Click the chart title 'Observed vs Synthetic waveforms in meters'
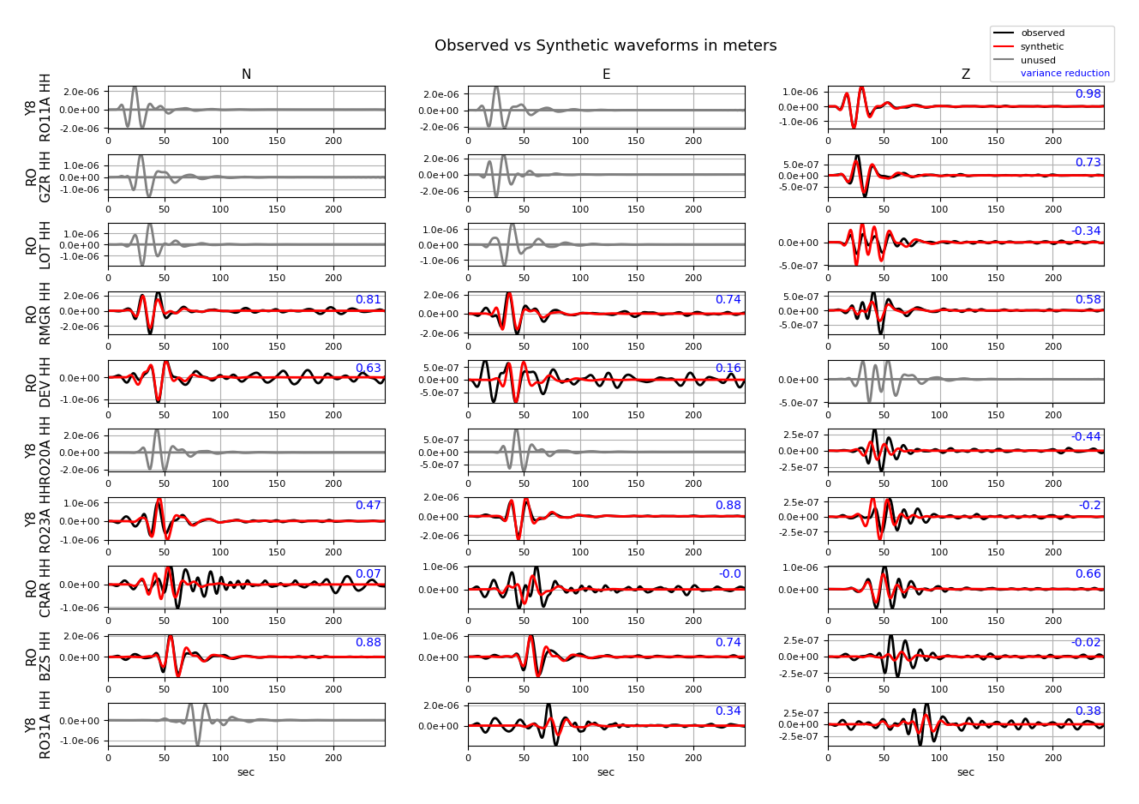[x=605, y=46]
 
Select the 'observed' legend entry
[x=1042, y=33]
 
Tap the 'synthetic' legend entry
[x=1042, y=47]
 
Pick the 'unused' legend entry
[x=1038, y=61]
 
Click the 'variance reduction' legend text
[x=1064, y=74]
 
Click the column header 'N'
[x=246, y=75]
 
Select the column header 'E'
[x=606, y=75]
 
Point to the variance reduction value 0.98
[x=1088, y=94]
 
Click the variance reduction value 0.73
[x=1088, y=163]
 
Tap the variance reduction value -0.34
[x=1086, y=231]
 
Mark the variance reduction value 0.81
[x=368, y=300]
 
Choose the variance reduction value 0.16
[x=728, y=369]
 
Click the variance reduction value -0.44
[x=1086, y=437]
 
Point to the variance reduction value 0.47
[x=368, y=506]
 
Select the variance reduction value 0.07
[x=368, y=574]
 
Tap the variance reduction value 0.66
[x=1088, y=574]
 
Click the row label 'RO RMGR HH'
[x=39, y=313]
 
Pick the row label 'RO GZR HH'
[x=39, y=176]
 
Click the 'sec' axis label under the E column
[x=606, y=772]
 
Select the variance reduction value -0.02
[x=1086, y=643]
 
